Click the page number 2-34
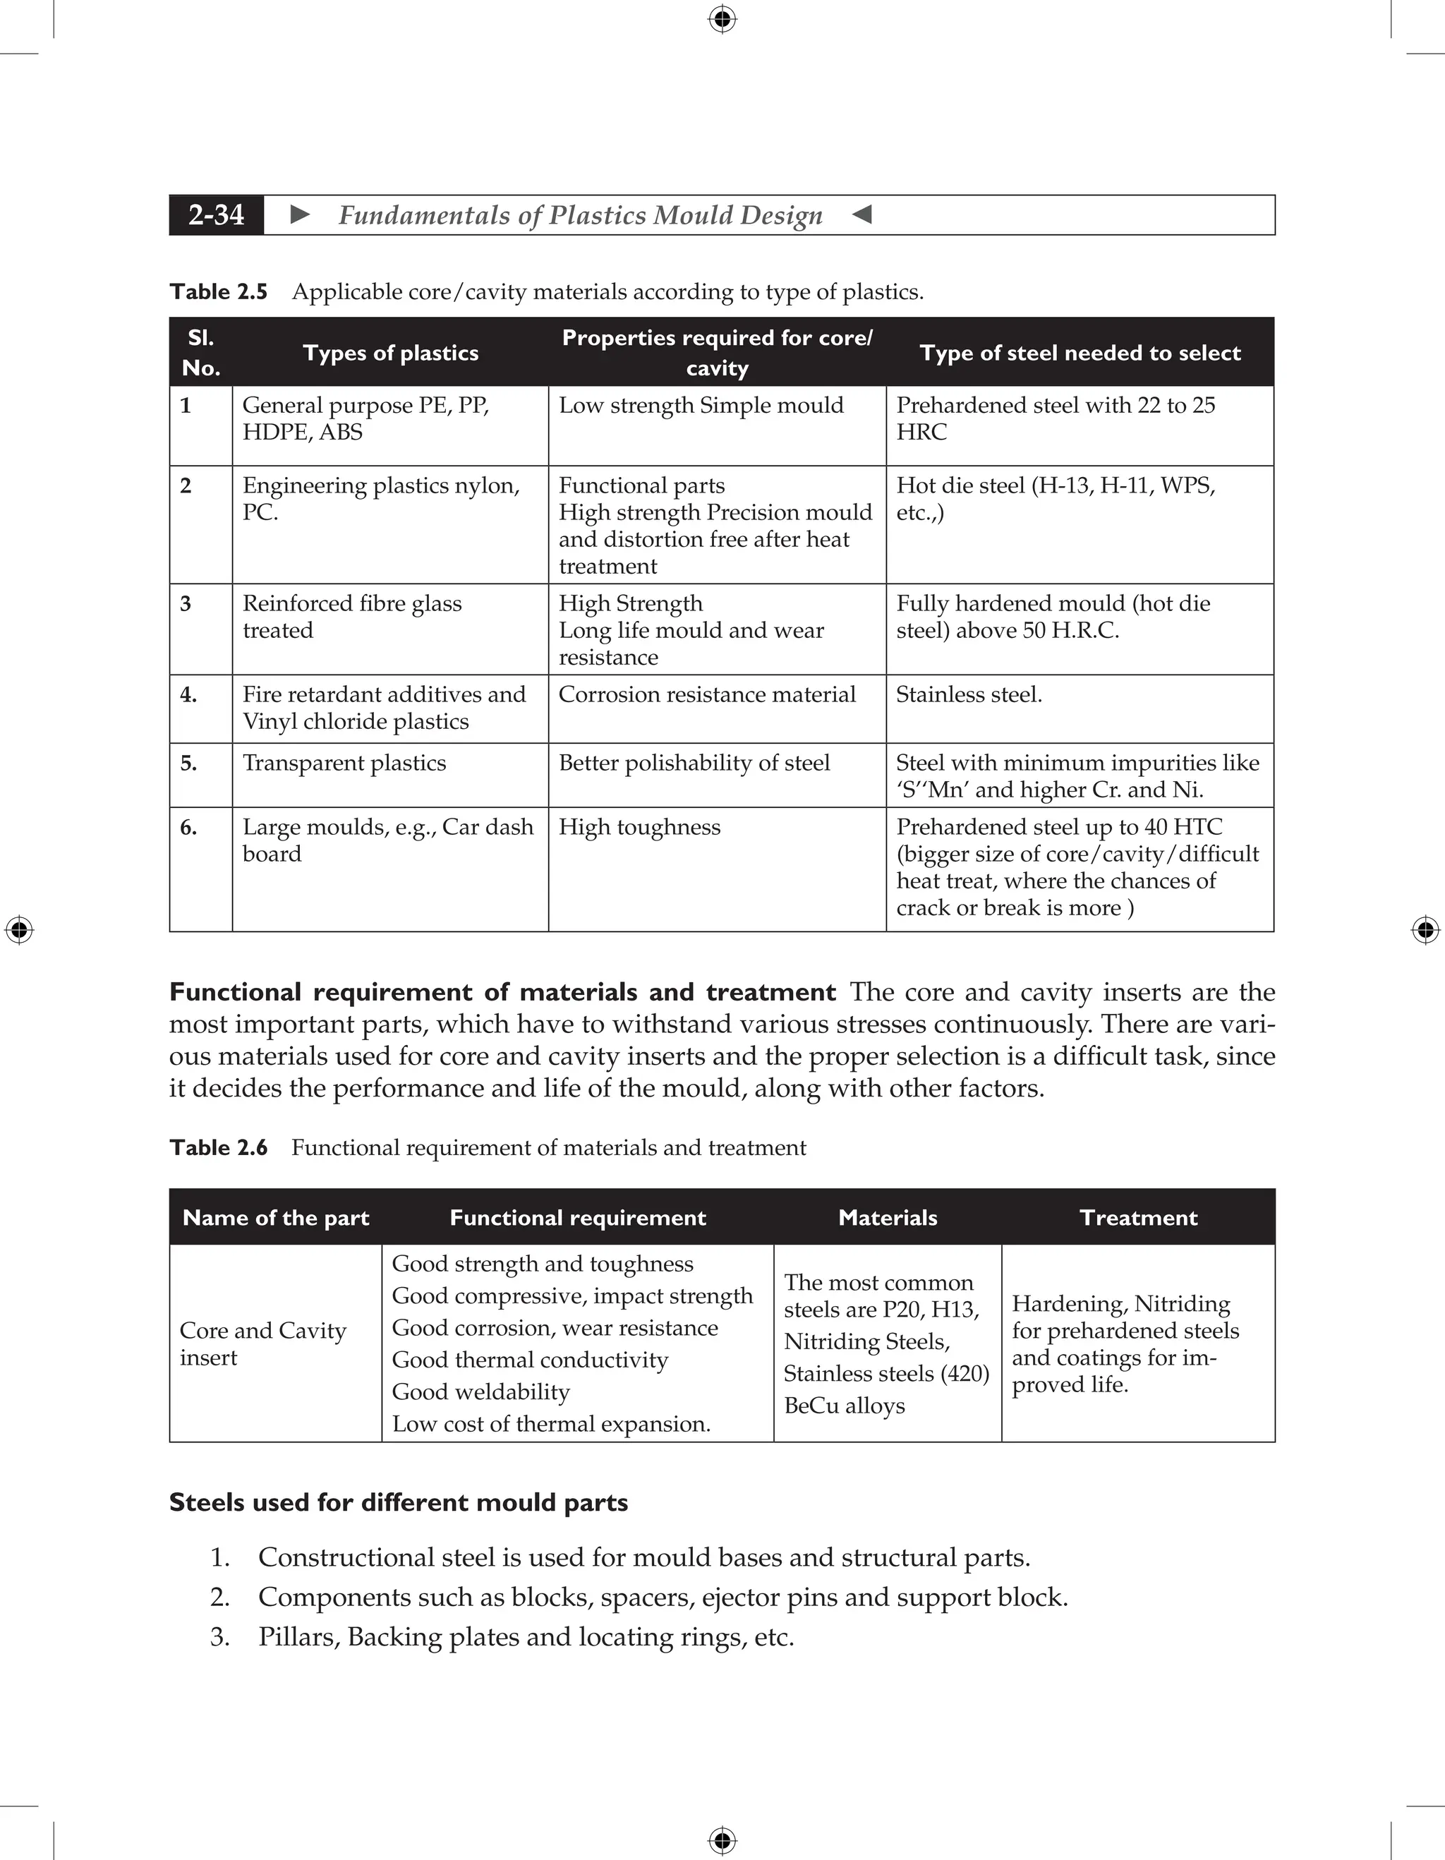click(x=217, y=215)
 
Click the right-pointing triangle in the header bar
click(x=300, y=215)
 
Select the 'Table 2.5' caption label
click(x=218, y=292)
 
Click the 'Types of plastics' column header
click(x=391, y=353)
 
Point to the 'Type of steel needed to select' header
click(x=1080, y=353)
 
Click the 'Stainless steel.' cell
click(x=969, y=695)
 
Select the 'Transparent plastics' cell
click(x=344, y=763)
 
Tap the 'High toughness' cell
click(x=639, y=827)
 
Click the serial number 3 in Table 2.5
click(x=186, y=604)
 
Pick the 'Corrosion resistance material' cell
click(x=707, y=695)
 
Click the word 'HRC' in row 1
click(x=921, y=433)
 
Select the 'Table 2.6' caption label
click(x=218, y=1148)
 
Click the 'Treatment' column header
click(x=1139, y=1217)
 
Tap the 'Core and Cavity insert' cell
click(x=262, y=1344)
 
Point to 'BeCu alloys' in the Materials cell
click(x=844, y=1406)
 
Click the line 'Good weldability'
click(x=480, y=1391)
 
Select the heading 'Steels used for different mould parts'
click(x=399, y=1502)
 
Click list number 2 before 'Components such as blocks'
click(x=219, y=1597)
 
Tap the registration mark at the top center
click(x=722, y=19)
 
